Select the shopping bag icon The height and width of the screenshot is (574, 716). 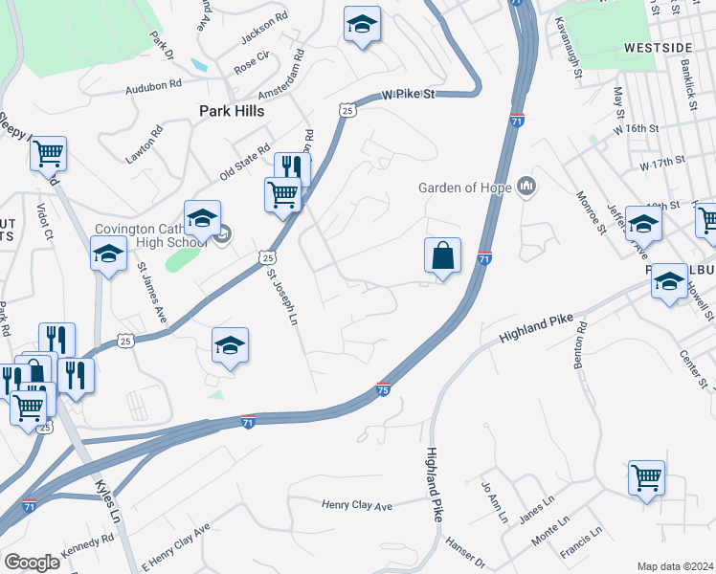(x=442, y=256)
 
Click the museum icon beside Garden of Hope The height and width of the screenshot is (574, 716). (x=526, y=185)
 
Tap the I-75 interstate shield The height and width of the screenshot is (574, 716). (x=383, y=389)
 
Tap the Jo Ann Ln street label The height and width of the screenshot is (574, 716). (x=494, y=502)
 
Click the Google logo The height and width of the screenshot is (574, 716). (x=32, y=563)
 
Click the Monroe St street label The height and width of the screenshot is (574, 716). (x=593, y=211)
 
